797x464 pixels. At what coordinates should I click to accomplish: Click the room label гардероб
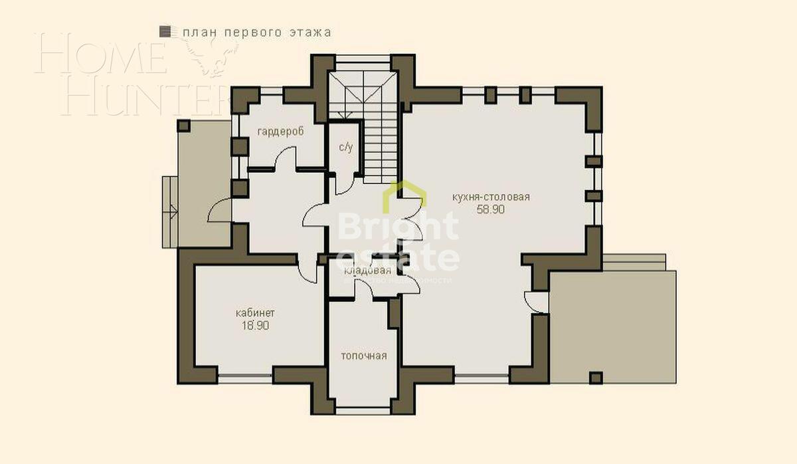[x=281, y=132]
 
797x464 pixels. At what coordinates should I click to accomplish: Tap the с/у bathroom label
[x=345, y=148]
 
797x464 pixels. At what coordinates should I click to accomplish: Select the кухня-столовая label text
[x=490, y=197]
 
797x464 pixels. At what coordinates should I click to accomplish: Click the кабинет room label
[x=255, y=313]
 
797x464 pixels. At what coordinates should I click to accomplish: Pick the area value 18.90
[x=255, y=326]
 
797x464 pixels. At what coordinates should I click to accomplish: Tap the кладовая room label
[x=367, y=271]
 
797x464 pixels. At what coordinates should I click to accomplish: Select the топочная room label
[x=363, y=356]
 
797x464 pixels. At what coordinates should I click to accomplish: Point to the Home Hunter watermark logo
[x=133, y=73]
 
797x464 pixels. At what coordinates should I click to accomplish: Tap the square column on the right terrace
[x=596, y=378]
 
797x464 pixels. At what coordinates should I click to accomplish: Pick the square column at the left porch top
[x=184, y=126]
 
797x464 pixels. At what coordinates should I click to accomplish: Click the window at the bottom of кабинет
[x=245, y=378]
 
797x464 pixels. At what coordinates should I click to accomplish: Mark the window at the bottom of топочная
[x=363, y=410]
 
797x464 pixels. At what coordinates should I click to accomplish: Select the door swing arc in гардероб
[x=286, y=157]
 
